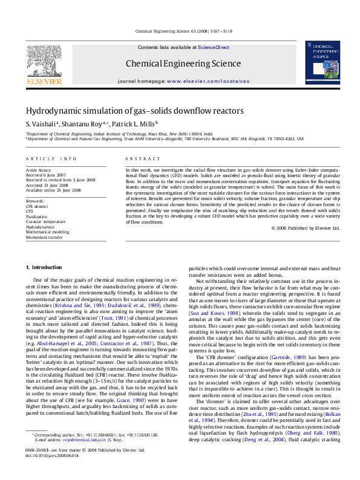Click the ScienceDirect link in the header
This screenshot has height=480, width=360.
pos(214,47)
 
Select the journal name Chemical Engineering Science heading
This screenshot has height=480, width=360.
pos(183,63)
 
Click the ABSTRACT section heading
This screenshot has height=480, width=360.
pos(139,158)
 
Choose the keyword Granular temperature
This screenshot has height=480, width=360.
pos(46,222)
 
